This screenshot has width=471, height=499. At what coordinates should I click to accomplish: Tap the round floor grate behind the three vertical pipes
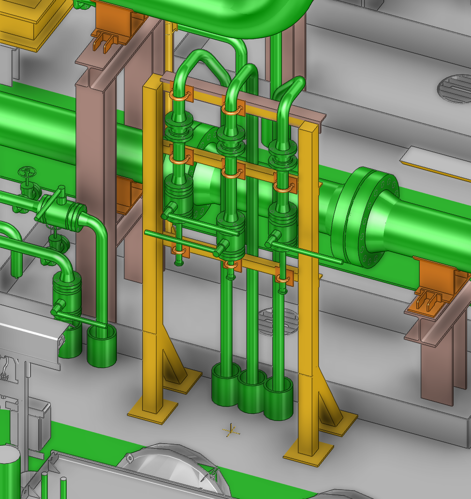click(x=278, y=321)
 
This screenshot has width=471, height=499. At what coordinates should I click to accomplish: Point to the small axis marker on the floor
click(x=231, y=429)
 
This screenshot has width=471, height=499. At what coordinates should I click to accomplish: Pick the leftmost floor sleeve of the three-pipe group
click(x=226, y=385)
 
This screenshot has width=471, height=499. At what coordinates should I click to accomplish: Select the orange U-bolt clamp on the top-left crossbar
click(x=180, y=95)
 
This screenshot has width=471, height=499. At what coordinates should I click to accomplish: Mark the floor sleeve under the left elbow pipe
click(x=102, y=346)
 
